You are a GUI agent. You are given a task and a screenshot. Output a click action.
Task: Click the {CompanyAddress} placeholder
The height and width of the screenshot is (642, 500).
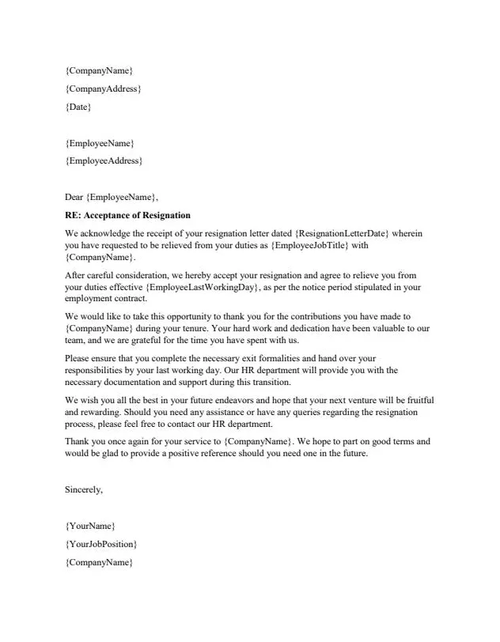click(103, 89)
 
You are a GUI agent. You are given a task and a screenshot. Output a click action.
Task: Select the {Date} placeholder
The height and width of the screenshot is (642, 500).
click(78, 107)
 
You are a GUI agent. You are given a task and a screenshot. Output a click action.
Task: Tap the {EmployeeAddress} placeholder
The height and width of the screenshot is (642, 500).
click(104, 161)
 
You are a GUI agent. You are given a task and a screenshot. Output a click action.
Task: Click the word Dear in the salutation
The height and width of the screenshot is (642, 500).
click(74, 197)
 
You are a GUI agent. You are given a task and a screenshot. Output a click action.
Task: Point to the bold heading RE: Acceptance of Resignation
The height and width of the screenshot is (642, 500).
click(127, 215)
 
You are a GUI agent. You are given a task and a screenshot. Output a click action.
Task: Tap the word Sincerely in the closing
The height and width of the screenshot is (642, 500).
click(83, 489)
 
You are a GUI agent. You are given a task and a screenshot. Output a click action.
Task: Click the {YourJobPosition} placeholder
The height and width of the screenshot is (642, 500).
click(100, 545)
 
